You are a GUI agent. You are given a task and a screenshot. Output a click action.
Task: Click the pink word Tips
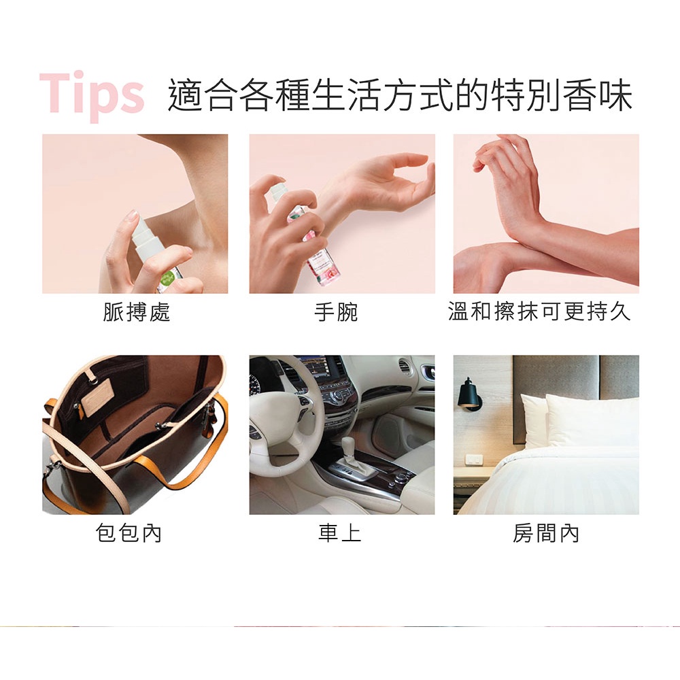click(92, 96)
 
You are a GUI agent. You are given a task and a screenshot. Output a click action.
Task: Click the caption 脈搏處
click(136, 312)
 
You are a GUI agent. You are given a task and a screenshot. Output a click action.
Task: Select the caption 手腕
click(336, 312)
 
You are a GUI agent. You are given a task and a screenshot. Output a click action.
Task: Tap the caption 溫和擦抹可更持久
click(539, 311)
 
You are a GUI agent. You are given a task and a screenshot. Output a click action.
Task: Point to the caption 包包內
click(129, 532)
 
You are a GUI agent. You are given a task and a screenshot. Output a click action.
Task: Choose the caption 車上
click(339, 532)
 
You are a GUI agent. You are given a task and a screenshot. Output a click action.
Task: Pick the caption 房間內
click(545, 532)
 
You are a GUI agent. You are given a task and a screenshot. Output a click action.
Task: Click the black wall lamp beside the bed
click(469, 394)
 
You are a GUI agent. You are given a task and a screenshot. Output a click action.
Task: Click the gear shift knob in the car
click(349, 447)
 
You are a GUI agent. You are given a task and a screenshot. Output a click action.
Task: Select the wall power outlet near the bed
click(473, 459)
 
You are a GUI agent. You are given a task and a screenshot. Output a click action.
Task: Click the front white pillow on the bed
click(592, 421)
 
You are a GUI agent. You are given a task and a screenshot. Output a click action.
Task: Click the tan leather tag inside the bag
click(97, 397)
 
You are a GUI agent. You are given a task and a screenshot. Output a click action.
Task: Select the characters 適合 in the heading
click(204, 95)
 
